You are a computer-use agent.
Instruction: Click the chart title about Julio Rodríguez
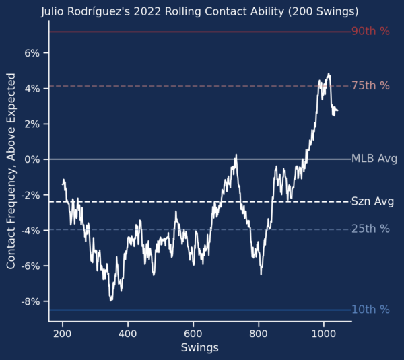[200, 12]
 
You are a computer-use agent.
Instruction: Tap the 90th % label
[370, 31]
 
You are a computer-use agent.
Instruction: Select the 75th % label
[370, 85]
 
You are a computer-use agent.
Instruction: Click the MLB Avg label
[374, 159]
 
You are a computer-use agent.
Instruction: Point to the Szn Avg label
[372, 201]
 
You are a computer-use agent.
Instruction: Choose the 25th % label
[370, 229]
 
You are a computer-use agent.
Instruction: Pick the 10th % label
[370, 310]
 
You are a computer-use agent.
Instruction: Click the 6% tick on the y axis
[32, 53]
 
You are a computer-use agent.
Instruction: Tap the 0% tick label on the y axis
[32, 159]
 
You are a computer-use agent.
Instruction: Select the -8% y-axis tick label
[30, 301]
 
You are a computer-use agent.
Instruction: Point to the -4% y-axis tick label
[30, 231]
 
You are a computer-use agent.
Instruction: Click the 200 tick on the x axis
[63, 334]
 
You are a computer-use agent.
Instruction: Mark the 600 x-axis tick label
[193, 334]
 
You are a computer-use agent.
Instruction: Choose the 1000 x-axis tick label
[324, 334]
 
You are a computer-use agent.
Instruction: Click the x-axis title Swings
[200, 348]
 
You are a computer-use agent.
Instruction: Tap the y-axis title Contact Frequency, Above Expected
[11, 171]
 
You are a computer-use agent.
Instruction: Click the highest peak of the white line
[329, 73]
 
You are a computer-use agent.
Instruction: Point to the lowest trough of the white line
[111, 301]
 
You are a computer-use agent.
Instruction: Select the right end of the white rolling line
[338, 111]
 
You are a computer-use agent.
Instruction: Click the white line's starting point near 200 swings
[63, 184]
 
